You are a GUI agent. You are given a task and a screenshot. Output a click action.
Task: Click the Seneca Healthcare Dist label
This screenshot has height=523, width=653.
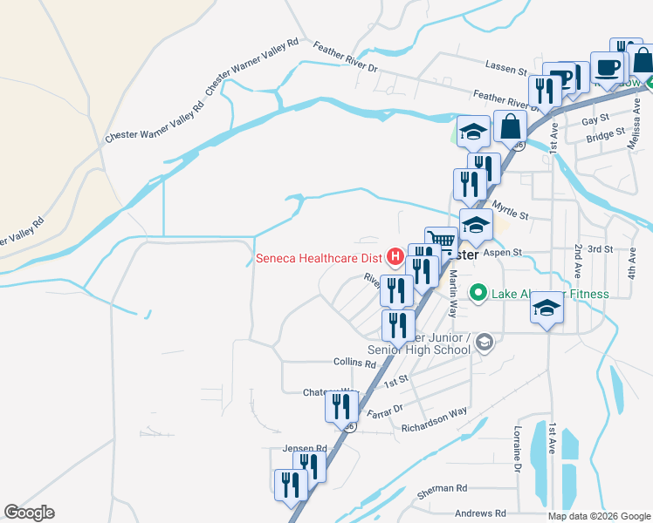[320, 257]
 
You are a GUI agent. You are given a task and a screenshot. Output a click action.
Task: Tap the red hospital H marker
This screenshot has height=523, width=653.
[395, 256]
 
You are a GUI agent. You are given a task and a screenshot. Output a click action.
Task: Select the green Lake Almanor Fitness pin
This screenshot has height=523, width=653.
[478, 293]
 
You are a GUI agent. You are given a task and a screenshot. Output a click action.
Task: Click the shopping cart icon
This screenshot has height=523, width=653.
[442, 241]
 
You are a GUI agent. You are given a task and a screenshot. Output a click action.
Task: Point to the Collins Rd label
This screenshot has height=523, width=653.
[354, 362]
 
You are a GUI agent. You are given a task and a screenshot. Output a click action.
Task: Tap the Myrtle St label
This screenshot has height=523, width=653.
[510, 209]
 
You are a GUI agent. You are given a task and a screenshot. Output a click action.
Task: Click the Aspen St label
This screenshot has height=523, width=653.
[504, 251]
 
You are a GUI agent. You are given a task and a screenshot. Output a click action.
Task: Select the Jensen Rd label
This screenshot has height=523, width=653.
[304, 449]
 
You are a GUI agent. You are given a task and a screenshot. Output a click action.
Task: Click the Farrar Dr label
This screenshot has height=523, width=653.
[384, 410]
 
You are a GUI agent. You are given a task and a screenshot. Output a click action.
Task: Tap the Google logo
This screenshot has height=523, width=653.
[29, 513]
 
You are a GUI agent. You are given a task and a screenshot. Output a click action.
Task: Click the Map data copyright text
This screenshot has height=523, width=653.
[599, 516]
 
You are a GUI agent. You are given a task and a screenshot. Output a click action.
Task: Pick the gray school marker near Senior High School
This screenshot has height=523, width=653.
[485, 344]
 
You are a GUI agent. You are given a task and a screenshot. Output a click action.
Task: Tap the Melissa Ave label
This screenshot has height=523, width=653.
[635, 113]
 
